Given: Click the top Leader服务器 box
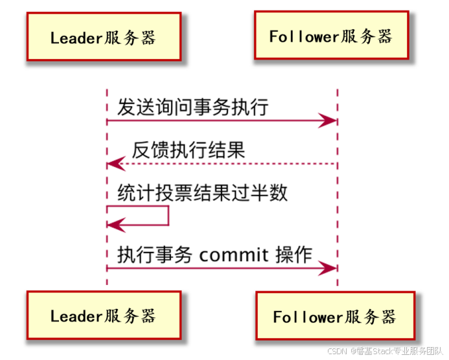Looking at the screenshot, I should point(104,38).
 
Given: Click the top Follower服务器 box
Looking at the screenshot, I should point(331,36).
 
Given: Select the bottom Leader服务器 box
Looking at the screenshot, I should point(104,316).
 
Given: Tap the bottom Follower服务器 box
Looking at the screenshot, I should point(334,317).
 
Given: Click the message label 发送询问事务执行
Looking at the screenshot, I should point(192,107).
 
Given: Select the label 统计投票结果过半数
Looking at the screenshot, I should point(202,193).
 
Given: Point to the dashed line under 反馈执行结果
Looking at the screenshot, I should point(227,164).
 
